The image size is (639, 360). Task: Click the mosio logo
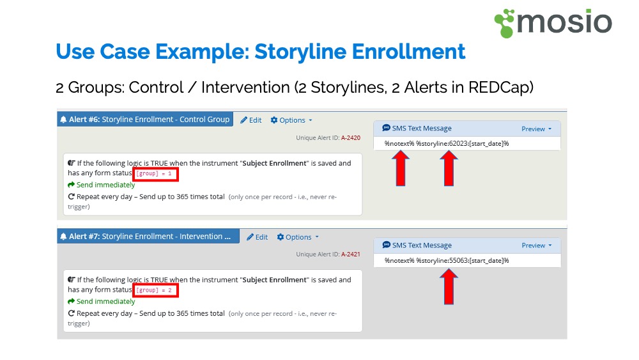553,23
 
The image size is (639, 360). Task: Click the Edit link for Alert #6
251,120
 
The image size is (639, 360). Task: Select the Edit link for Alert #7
257,237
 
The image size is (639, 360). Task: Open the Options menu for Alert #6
291,120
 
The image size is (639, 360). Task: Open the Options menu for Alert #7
298,237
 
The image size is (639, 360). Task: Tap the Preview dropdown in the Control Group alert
536,129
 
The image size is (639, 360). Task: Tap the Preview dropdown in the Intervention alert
536,246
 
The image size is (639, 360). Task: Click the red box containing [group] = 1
155,174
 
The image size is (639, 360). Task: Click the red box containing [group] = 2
155,290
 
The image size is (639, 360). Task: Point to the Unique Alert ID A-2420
350,138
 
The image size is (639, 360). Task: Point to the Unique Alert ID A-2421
350,254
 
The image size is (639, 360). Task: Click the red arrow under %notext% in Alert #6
401,168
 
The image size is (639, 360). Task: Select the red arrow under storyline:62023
449,168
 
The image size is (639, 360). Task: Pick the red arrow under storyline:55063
449,287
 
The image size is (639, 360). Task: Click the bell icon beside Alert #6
63,120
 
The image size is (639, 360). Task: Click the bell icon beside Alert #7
63,237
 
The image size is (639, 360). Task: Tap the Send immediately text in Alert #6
105,185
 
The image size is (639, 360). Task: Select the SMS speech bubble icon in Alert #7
387,245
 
